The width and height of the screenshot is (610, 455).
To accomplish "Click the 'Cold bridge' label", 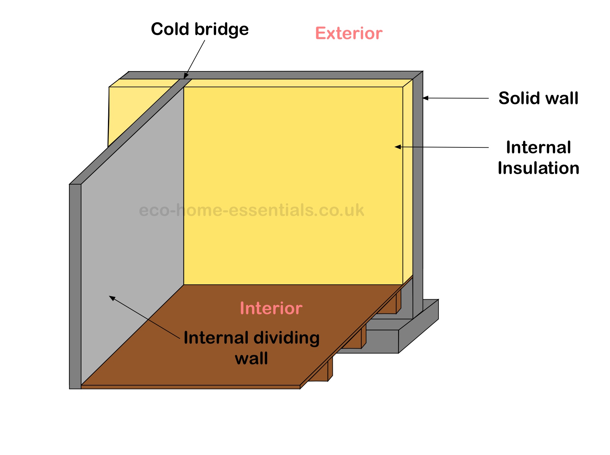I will point(200,29).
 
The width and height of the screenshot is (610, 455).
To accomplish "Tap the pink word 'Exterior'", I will point(349,33).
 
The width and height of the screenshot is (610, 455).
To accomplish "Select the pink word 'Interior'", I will point(271,308).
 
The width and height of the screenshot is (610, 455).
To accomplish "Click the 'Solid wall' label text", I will point(538,98).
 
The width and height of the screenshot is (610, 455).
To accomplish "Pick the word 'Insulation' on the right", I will point(538,168).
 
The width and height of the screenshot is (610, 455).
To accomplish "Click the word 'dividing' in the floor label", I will point(286,338).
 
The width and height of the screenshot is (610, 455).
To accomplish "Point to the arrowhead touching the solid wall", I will point(426,98).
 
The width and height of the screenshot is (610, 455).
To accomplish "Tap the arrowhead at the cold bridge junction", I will point(186,76).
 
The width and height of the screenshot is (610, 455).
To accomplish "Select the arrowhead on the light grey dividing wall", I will point(112,298).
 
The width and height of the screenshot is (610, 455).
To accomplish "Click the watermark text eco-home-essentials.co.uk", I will point(251,210).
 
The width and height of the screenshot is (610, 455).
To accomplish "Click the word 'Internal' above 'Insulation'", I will point(538,147).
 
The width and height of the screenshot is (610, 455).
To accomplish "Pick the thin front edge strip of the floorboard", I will point(191,387).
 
